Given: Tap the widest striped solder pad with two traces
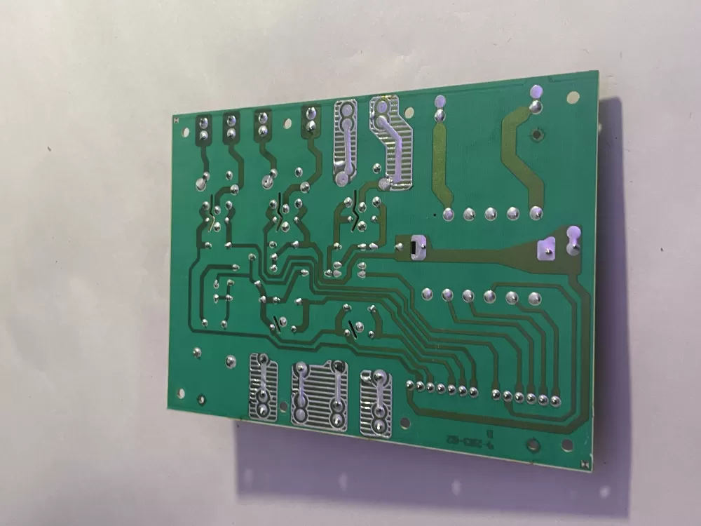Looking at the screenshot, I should (x=319, y=393).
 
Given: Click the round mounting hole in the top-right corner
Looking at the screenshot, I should (x=573, y=97).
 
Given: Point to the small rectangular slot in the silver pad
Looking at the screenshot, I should (x=413, y=248).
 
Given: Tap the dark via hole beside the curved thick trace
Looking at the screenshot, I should (x=537, y=135).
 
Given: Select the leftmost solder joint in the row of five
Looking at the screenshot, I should (x=449, y=213).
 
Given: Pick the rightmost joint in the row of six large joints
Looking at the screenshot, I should (x=535, y=298).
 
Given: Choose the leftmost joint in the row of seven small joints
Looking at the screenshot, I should (x=409, y=384).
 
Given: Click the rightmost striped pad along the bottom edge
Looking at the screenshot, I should (x=376, y=403).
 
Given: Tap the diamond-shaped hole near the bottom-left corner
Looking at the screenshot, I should (x=181, y=395).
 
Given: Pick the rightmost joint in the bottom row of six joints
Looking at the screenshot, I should (x=555, y=400).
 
